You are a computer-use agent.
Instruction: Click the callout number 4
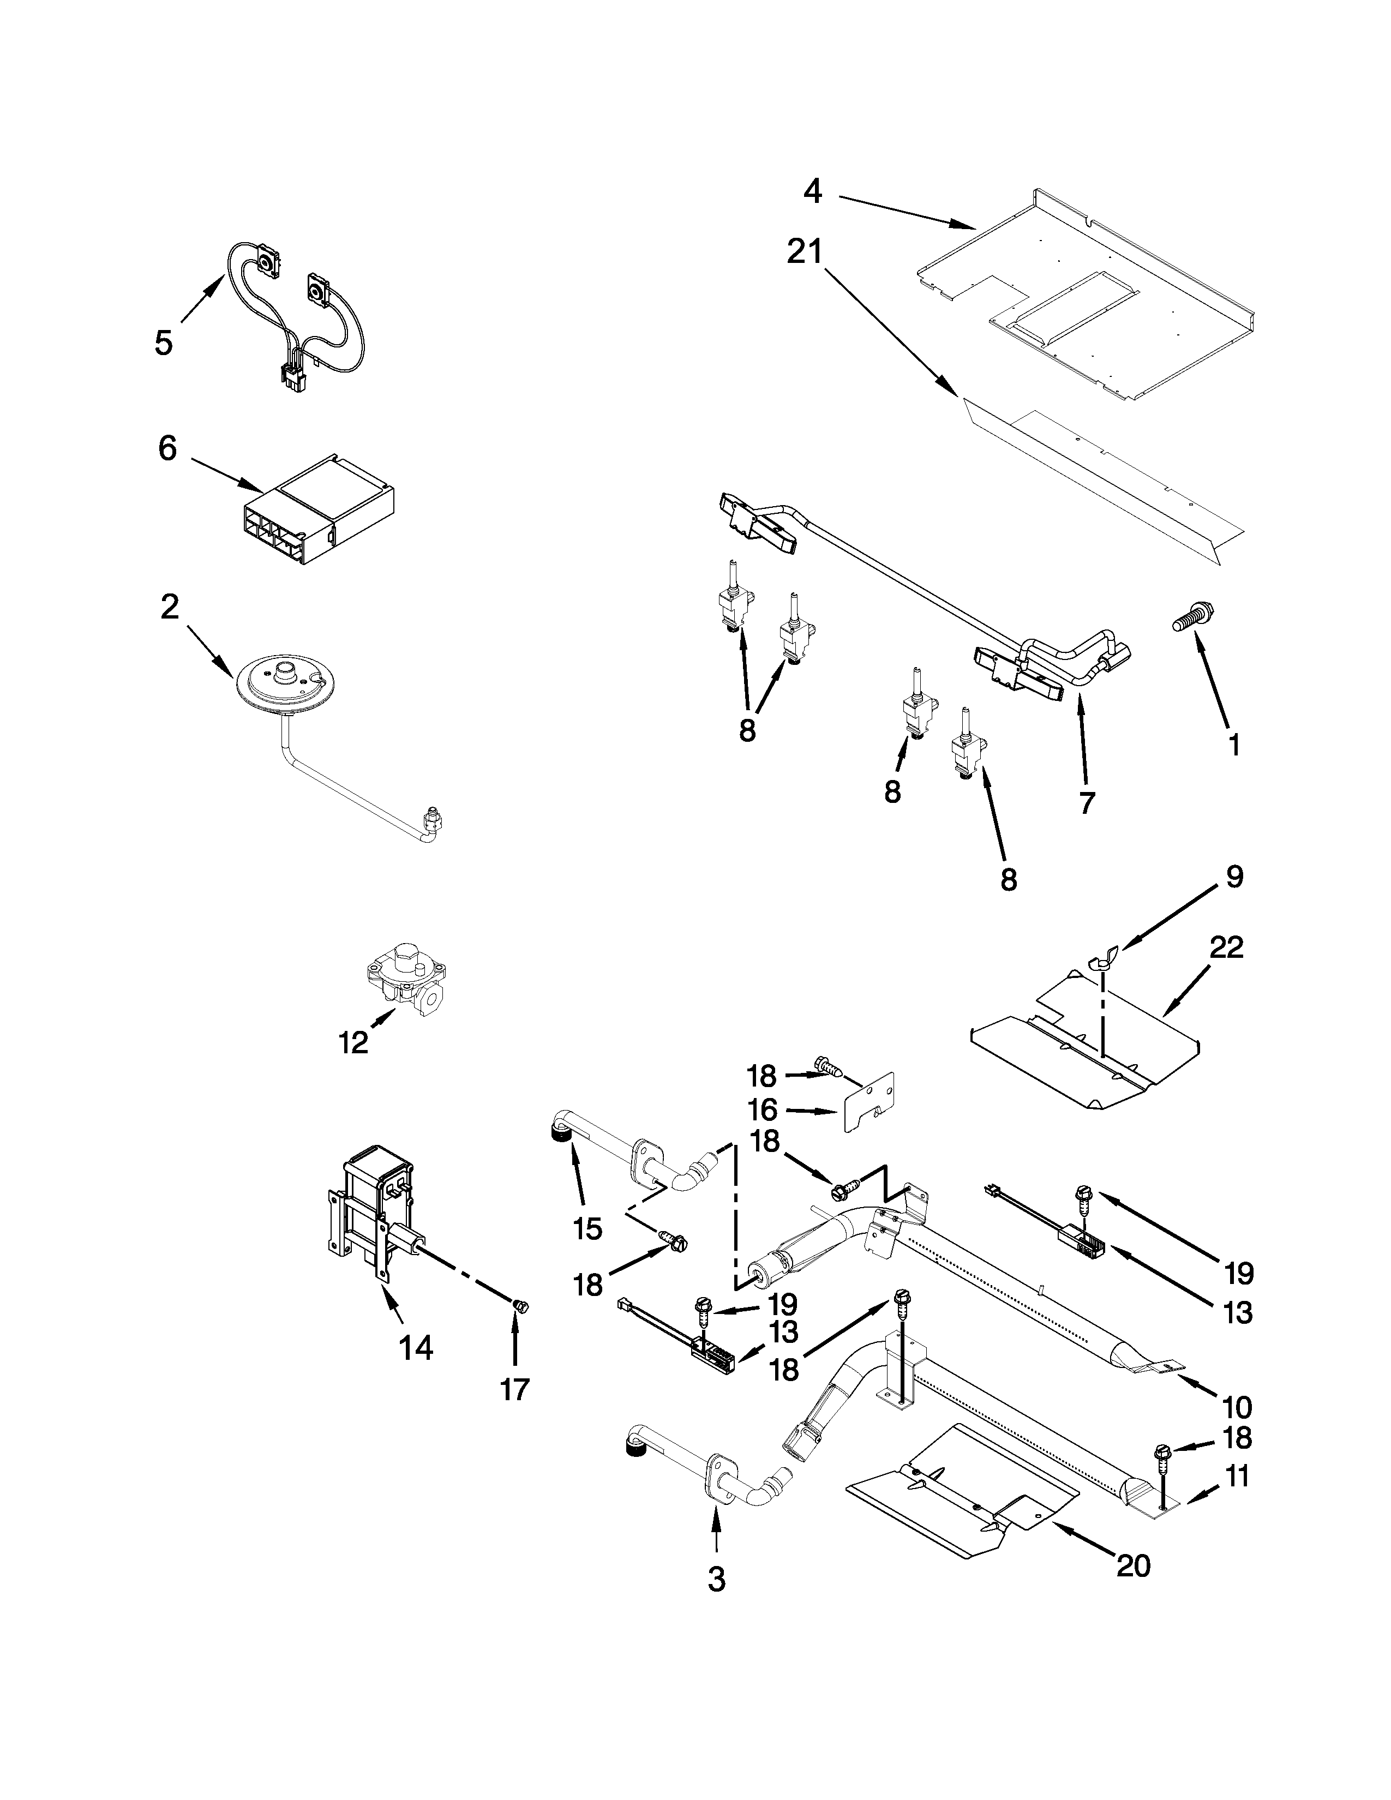813,191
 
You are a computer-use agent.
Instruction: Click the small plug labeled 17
519,1305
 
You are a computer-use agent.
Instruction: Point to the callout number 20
1132,1564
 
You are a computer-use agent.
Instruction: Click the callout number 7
1086,802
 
